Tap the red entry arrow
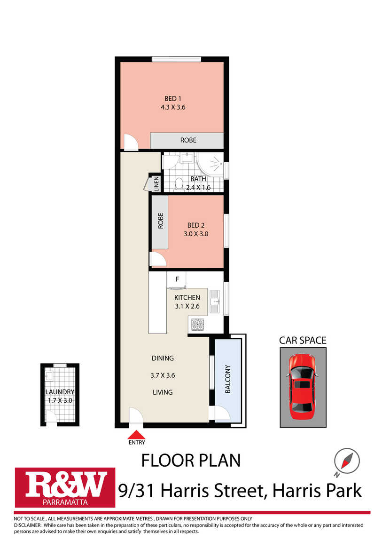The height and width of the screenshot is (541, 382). point(136,434)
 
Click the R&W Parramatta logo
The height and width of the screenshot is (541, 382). point(65,487)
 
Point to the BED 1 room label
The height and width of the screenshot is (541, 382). point(173,99)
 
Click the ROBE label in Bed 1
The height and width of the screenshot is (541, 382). point(188,141)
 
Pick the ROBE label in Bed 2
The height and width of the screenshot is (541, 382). point(161,221)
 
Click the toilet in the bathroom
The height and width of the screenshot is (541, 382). point(179,183)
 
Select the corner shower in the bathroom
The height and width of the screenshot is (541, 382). point(211,164)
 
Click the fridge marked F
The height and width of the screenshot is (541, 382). point(176,279)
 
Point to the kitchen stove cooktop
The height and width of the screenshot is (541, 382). point(197,325)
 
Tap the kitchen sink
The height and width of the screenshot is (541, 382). point(215,301)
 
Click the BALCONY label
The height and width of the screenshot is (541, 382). point(228,379)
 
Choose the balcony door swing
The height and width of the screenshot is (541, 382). point(222,413)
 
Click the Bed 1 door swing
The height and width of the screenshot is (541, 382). point(131,142)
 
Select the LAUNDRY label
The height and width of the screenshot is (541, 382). point(60,392)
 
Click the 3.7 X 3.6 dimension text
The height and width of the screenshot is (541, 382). point(163,375)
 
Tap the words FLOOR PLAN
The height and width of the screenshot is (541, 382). point(191,461)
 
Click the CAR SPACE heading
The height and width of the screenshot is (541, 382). point(303,341)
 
